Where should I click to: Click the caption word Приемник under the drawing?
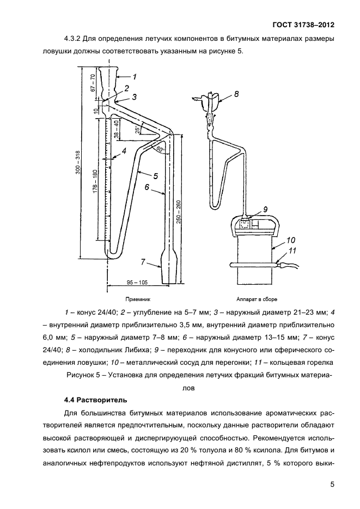pyautogui.click(x=137, y=299)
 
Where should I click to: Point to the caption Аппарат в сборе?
pyautogui.click(x=257, y=299)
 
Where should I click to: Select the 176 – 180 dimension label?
pyautogui.click(x=96, y=186)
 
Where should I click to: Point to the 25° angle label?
pyautogui.click(x=137, y=130)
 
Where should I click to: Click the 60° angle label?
pyautogui.click(x=159, y=149)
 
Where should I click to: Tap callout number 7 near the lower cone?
pyautogui.click(x=143, y=262)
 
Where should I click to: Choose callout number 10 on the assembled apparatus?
pyautogui.click(x=290, y=239)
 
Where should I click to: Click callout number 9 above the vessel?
pyautogui.click(x=265, y=208)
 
